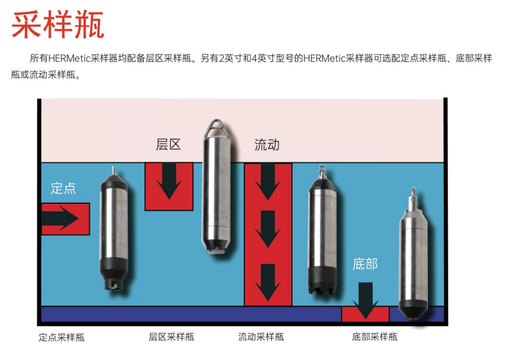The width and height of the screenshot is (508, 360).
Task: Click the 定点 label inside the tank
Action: click(x=63, y=188)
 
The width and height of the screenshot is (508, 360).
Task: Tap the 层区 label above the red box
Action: click(x=169, y=145)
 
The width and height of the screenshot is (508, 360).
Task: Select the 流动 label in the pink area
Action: click(x=267, y=145)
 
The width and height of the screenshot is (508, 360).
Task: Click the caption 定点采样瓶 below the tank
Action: click(x=62, y=337)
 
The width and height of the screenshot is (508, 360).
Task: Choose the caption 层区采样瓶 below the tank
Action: click(x=171, y=337)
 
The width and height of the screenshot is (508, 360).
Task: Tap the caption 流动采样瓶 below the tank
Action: click(x=261, y=337)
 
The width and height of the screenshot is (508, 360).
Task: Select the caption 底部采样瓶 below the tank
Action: click(x=374, y=337)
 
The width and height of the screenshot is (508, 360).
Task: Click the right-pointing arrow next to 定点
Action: click(x=61, y=219)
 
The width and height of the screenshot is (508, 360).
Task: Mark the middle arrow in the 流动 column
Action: click(x=268, y=229)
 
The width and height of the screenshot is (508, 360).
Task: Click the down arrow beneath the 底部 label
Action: click(x=366, y=300)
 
